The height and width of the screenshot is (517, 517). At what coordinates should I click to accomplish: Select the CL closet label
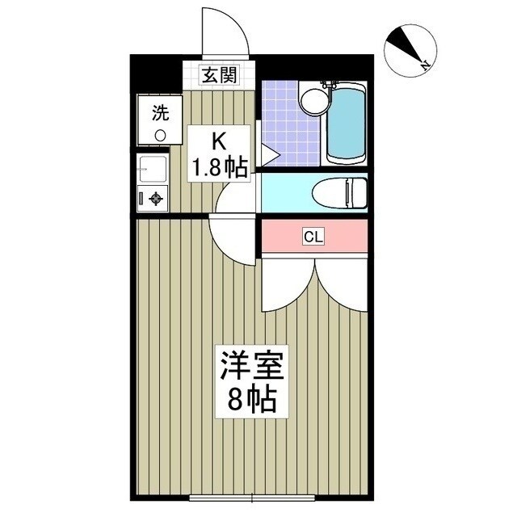click(x=313, y=237)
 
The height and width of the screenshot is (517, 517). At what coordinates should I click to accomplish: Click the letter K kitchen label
click(x=218, y=141)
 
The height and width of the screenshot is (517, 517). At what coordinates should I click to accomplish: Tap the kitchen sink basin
click(x=152, y=170)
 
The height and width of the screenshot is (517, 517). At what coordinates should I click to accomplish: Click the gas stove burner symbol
click(x=154, y=199)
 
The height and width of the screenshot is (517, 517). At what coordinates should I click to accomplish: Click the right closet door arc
click(x=343, y=279)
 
